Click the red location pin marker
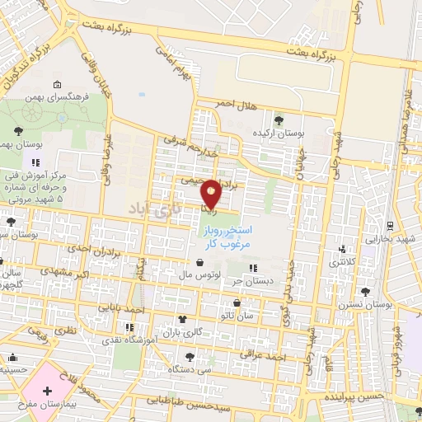point(212,193)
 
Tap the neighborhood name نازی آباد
point(152,210)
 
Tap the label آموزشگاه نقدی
point(131,339)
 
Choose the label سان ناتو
point(228,315)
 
